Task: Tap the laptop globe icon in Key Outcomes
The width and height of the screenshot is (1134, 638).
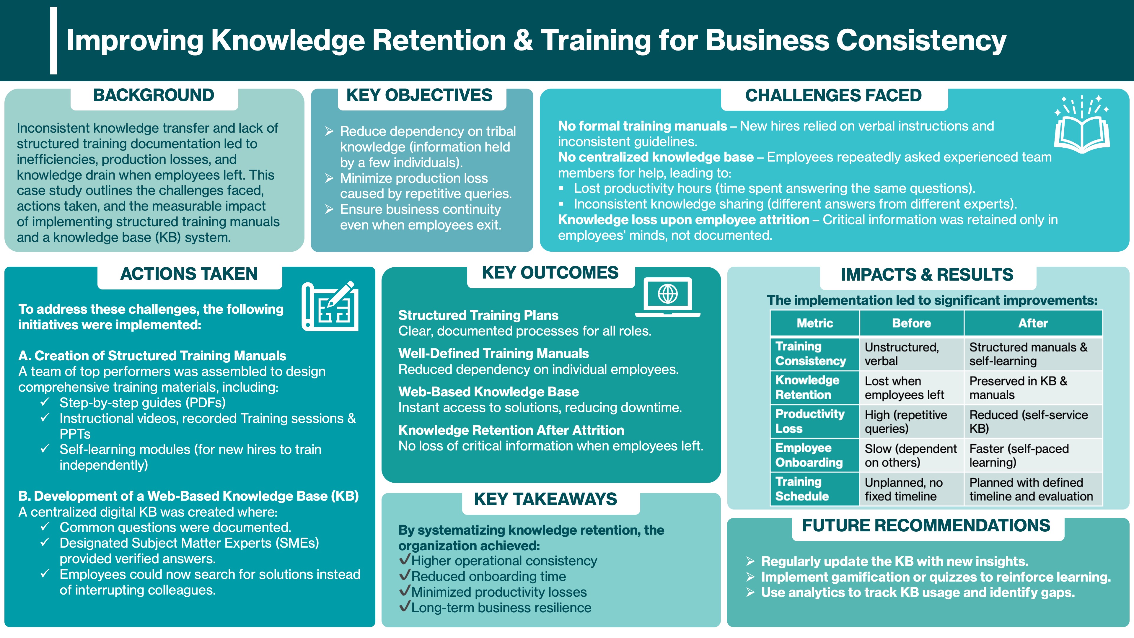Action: (667, 297)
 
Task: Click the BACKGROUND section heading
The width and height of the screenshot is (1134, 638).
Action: (154, 95)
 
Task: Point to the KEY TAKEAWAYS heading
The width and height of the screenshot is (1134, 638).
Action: (545, 499)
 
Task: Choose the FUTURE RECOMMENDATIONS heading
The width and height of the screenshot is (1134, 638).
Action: (926, 525)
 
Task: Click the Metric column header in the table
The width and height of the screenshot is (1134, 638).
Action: (815, 323)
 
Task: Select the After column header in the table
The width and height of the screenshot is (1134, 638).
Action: (1033, 323)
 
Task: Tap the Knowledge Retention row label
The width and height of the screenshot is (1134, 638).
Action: (807, 388)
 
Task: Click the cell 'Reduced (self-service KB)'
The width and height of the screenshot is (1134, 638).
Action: (1028, 421)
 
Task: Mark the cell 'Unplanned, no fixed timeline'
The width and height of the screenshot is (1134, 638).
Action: (903, 489)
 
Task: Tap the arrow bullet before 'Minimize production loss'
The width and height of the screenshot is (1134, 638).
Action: (329, 178)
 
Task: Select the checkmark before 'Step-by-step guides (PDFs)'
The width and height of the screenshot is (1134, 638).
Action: (45, 402)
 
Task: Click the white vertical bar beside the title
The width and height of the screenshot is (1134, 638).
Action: (54, 40)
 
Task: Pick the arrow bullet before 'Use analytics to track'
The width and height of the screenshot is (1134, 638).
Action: (751, 592)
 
